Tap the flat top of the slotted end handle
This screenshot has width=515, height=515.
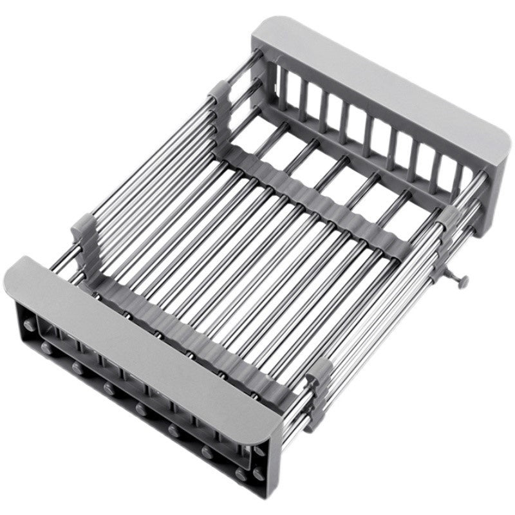coord(380,90)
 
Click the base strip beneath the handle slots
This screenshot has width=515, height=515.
coord(360,161)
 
